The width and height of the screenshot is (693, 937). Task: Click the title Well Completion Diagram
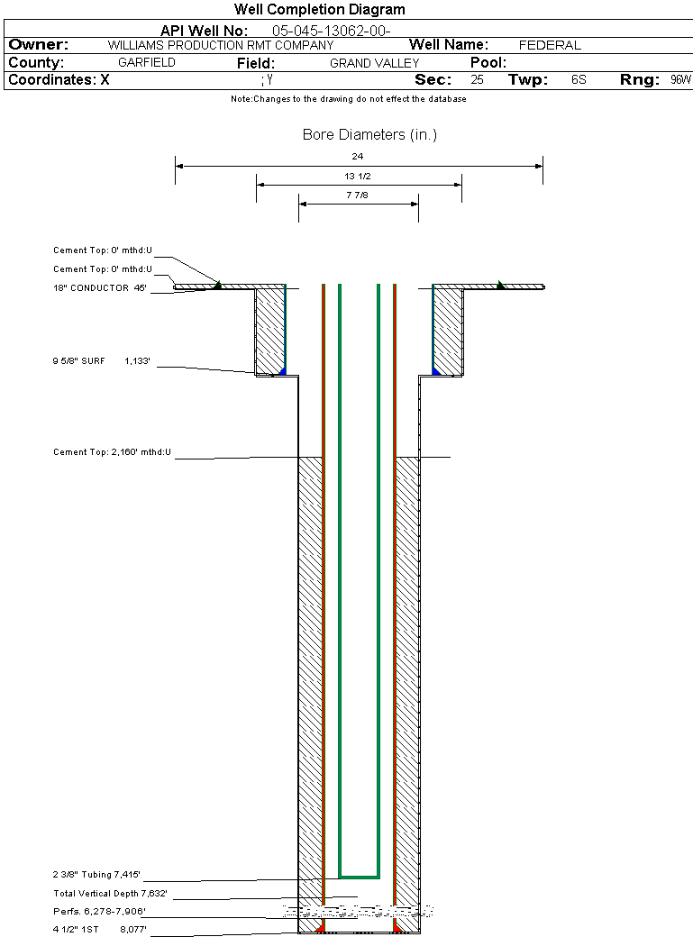(x=319, y=10)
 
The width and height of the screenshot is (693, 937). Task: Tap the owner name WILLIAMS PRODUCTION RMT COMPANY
(x=220, y=45)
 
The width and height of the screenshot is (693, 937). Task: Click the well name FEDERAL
(x=550, y=45)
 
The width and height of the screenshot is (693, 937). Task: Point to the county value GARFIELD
(x=147, y=63)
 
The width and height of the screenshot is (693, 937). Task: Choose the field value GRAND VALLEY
(x=374, y=63)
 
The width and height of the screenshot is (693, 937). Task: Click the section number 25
(x=477, y=80)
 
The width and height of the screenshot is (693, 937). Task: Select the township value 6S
(x=579, y=80)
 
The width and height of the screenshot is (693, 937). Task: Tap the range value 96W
(x=680, y=80)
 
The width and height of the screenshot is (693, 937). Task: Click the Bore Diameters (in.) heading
(x=369, y=135)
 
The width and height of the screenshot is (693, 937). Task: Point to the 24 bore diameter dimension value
(x=358, y=157)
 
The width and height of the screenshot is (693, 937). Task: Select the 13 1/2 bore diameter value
(x=358, y=177)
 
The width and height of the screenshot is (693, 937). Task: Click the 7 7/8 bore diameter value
(x=358, y=196)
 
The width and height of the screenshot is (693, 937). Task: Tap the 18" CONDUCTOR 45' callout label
(x=99, y=288)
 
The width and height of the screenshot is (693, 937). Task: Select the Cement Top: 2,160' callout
(x=112, y=451)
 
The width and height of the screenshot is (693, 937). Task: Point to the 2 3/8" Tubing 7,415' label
(x=96, y=874)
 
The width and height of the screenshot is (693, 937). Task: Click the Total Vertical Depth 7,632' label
(x=110, y=894)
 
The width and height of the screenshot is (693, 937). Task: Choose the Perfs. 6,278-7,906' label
(x=99, y=912)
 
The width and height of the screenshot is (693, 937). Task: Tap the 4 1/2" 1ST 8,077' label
(x=99, y=928)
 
